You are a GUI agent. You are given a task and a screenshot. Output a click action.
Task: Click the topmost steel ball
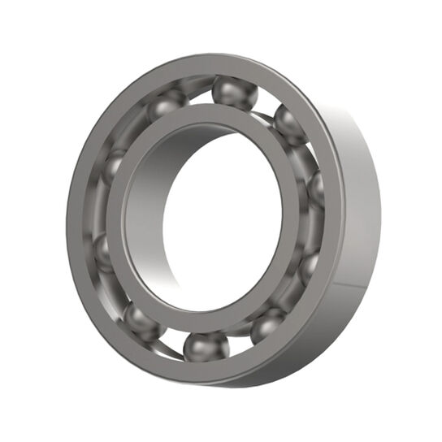(x=234, y=92)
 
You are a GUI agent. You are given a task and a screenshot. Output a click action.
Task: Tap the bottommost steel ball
(x=206, y=347)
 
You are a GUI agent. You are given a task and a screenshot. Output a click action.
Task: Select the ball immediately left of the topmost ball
(x=167, y=104)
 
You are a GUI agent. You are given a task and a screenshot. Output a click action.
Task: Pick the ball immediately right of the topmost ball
(x=289, y=123)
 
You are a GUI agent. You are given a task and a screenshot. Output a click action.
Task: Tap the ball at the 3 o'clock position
(x=315, y=189)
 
